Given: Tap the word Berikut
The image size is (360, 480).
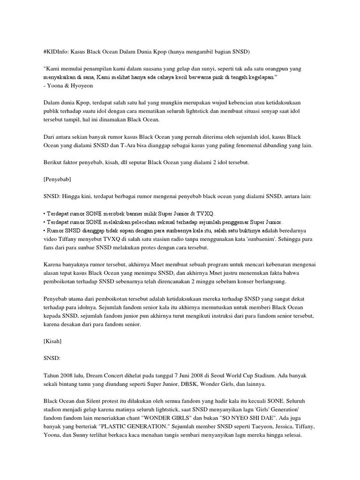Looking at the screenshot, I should (x=54, y=163).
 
